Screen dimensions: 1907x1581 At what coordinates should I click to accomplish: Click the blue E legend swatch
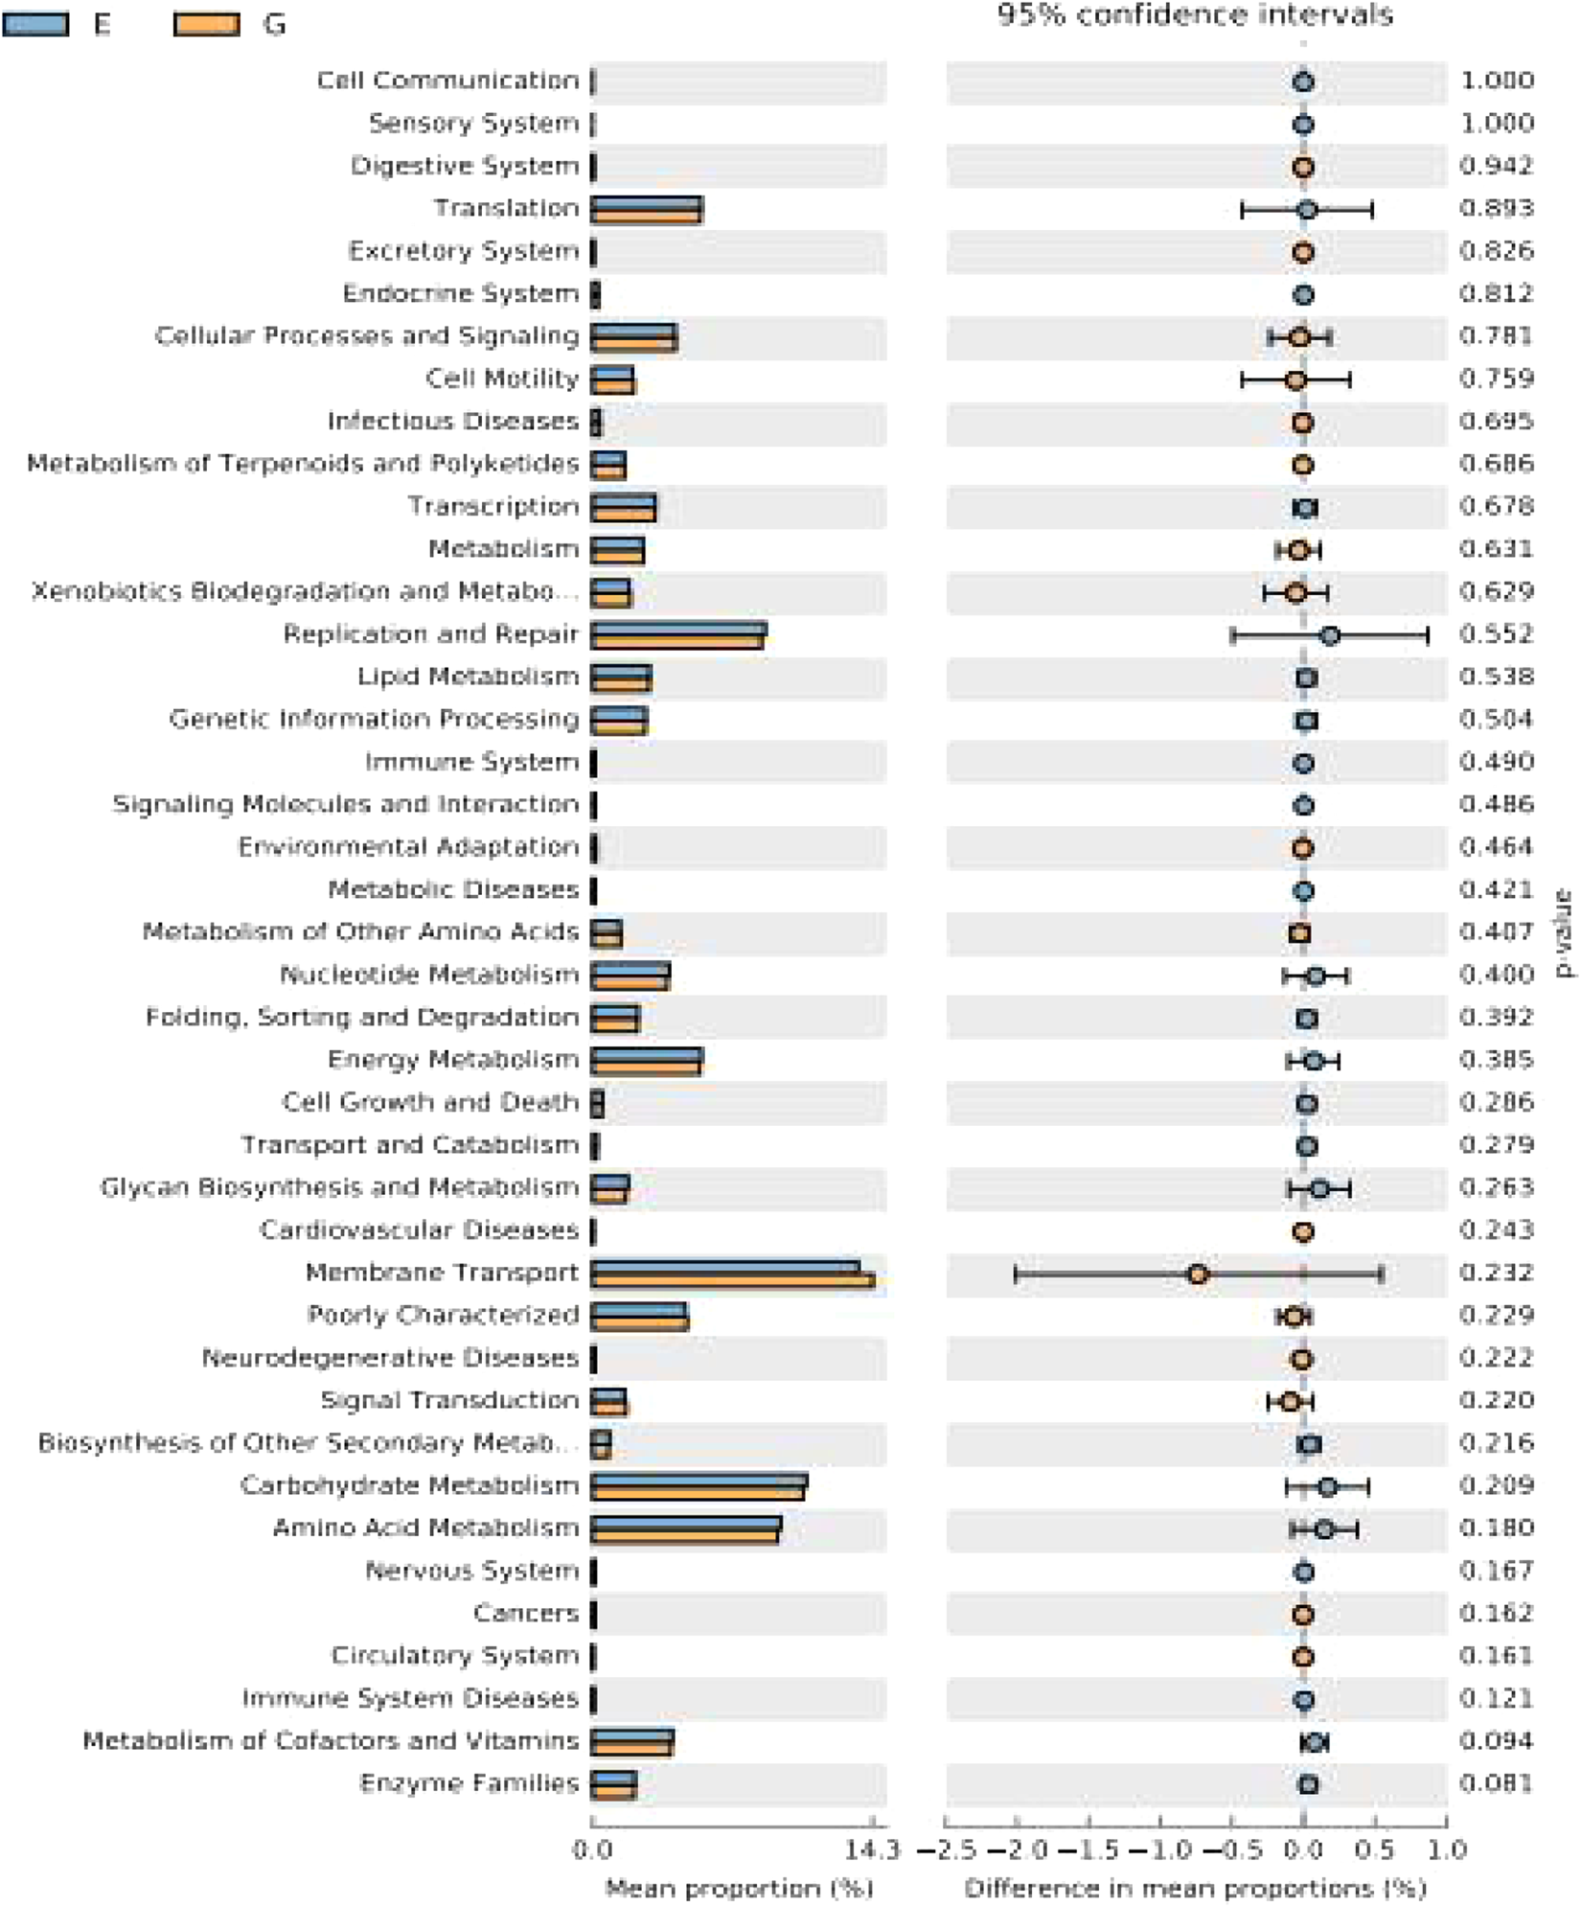35,24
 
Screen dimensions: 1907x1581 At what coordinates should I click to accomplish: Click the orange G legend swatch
206,24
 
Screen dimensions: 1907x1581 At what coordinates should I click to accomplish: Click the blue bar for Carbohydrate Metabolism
699,1481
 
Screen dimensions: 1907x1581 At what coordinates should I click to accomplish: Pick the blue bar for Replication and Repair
678,630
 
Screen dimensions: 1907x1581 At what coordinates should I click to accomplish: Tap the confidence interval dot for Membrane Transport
1197,1275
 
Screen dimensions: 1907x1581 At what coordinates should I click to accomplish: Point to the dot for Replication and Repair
1330,635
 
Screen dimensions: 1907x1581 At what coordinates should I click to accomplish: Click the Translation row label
506,209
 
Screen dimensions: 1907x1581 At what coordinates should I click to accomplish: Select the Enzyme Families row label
469,1783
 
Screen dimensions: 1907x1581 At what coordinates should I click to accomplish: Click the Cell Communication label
447,80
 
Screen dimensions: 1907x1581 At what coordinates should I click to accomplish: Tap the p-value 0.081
1497,1783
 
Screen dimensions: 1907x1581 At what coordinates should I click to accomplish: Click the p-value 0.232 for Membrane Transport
1497,1273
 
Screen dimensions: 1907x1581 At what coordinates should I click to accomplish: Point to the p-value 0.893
1497,209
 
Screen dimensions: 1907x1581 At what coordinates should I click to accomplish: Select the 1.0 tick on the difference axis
1446,1850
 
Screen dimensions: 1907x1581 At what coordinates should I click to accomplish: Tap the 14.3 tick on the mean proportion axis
872,1850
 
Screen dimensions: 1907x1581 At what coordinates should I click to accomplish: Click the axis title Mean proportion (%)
739,1888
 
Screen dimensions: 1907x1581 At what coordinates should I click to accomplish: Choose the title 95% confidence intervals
1195,15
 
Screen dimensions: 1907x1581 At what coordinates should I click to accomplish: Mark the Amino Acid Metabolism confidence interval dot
1323,1529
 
